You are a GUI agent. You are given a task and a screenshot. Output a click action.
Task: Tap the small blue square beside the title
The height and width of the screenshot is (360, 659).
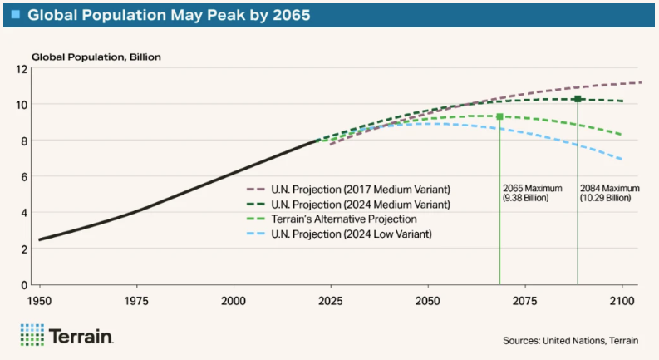click(16, 14)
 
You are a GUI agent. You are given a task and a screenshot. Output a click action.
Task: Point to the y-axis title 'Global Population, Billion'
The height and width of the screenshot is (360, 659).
click(96, 57)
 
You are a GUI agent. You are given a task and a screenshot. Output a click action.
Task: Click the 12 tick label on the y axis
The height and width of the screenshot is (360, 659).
click(22, 68)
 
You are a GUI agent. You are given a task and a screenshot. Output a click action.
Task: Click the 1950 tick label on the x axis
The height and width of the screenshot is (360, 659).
click(39, 299)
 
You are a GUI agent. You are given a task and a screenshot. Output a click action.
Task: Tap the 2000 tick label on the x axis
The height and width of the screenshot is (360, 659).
click(234, 299)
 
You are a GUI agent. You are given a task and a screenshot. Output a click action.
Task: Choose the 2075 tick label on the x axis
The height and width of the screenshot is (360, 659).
click(524, 299)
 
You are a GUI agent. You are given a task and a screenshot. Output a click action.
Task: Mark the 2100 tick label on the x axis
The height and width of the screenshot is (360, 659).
click(622, 299)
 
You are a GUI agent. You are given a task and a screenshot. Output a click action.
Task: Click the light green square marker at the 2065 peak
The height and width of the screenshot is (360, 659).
click(499, 116)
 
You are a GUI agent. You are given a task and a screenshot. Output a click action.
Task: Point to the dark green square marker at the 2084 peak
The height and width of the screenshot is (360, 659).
click(578, 99)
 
